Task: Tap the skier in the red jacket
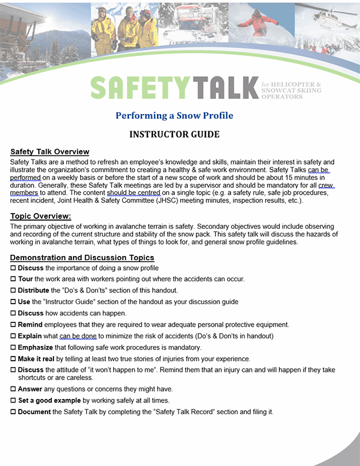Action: coord(259,22)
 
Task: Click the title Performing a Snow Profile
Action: coord(174,115)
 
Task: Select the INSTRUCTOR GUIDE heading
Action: coord(174,135)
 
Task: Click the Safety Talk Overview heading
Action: coord(50,152)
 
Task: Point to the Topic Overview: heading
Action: coord(41,217)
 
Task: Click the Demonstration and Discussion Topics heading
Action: coord(82,258)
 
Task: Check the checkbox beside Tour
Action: coord(14,279)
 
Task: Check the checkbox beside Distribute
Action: coord(14,290)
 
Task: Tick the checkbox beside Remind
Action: coord(14,325)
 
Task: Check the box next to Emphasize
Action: coord(14,348)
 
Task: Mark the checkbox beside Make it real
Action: coord(14,359)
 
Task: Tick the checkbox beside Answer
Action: coord(14,390)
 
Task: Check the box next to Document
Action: coord(14,412)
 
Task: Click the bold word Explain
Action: coord(31,336)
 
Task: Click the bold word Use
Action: coord(25,302)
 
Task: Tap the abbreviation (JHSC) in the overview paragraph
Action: coord(172,200)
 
